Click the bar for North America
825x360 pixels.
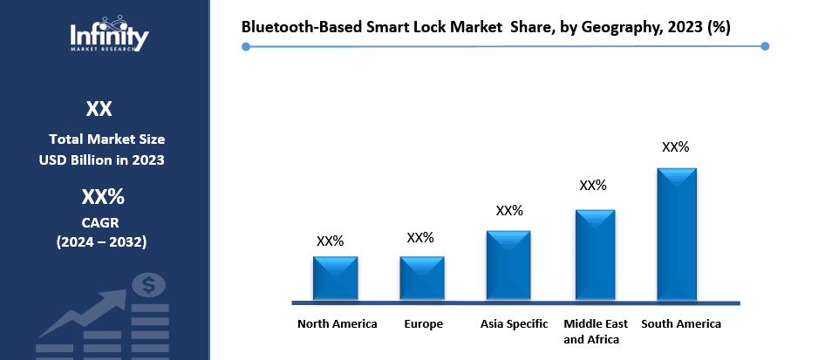pos(335,278)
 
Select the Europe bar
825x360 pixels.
pos(422,278)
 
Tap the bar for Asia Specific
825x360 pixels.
pos(508,265)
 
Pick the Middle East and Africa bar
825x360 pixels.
pos(595,255)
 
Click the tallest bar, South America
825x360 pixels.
pos(677,234)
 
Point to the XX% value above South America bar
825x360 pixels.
pos(676,147)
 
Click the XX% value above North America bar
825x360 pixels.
pos(331,241)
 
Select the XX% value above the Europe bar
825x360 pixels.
pos(420,238)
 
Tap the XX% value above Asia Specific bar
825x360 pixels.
pos(509,211)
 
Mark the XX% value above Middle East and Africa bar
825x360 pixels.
pos(593,186)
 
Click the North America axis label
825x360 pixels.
pos(337,323)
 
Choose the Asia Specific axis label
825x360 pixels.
pos(515,323)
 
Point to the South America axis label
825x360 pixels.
pos(681,323)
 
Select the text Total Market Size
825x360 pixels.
pos(106,139)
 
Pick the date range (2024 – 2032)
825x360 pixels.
pos(102,241)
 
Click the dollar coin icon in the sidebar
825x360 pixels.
pos(150,284)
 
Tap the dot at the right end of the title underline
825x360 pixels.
pos(765,46)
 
